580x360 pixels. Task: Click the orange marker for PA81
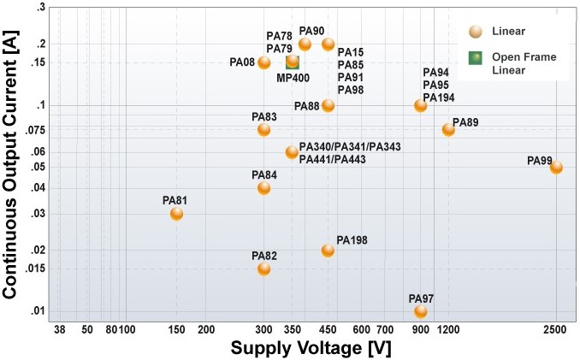[x=176, y=214]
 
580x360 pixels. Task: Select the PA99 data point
[x=556, y=168]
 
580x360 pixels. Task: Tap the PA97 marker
[x=420, y=311]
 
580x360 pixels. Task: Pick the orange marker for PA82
[x=263, y=269]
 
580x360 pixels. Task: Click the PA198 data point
[x=328, y=251]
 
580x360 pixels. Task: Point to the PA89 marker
[x=448, y=130]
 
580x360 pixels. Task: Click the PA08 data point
[x=263, y=62]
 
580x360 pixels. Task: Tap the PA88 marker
[x=328, y=106]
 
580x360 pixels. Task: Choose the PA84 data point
[x=263, y=188]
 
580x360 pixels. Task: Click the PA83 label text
[x=264, y=117]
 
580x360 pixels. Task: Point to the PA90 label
[x=311, y=31]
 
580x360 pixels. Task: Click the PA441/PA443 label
[x=332, y=159]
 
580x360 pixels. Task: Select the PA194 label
[x=439, y=97]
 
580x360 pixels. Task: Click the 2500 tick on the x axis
[x=556, y=329]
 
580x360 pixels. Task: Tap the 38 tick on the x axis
[x=60, y=329]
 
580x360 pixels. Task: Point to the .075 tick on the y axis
[x=35, y=130]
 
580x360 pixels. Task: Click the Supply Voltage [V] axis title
[x=311, y=348]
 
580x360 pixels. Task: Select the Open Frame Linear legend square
[x=475, y=57]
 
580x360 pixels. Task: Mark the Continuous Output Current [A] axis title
[x=10, y=164]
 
